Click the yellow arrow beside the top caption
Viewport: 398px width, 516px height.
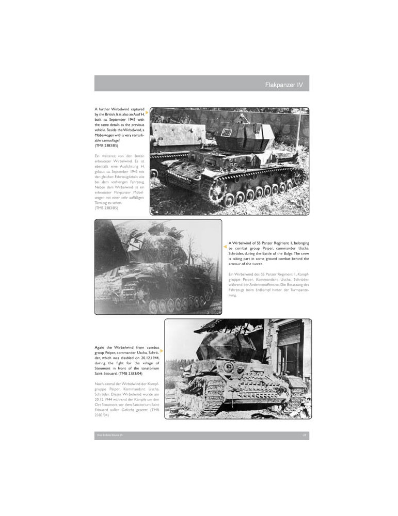tap(147, 112)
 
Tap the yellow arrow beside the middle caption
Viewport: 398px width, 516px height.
tap(225, 247)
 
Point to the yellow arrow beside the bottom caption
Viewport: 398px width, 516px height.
tap(162, 351)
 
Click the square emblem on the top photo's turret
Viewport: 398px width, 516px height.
tap(225, 133)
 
